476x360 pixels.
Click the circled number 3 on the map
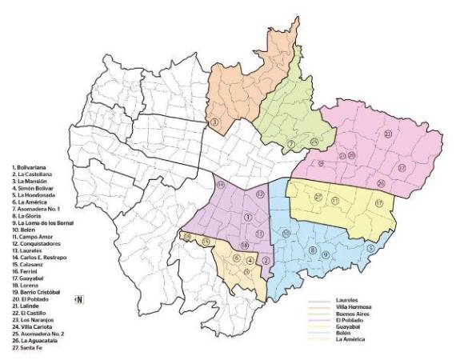[x=214, y=122]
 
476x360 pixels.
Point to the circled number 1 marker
[x=248, y=217]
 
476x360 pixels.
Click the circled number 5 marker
[x=370, y=248]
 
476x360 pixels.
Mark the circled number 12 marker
[x=260, y=194]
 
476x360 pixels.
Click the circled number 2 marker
[x=266, y=259]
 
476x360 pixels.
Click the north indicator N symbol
[x=80, y=299]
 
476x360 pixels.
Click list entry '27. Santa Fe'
[x=29, y=348]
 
